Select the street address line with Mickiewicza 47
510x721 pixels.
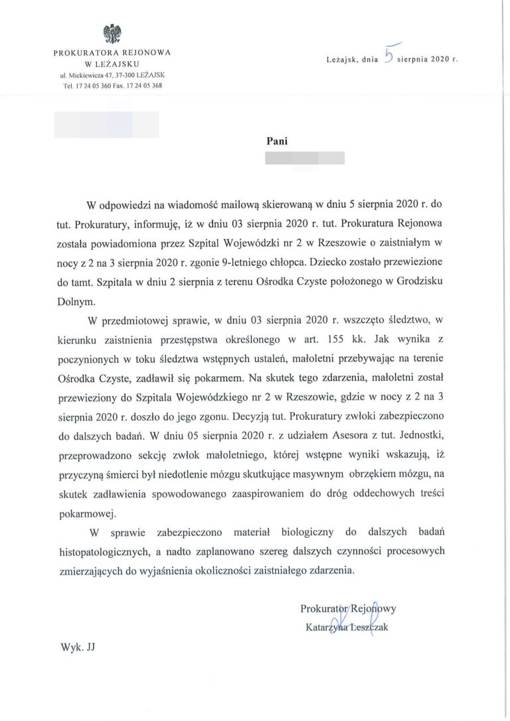tap(111, 75)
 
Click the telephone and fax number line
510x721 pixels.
tap(111, 86)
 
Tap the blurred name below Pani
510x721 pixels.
tap(304, 158)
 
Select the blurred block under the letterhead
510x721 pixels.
tap(106, 125)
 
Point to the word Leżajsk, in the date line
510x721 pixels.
tap(343, 59)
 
